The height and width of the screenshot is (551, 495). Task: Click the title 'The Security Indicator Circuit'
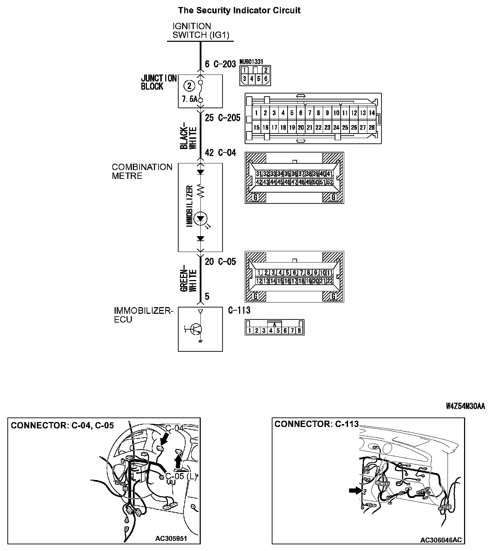click(239, 10)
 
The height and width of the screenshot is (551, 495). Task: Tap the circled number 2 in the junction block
click(189, 86)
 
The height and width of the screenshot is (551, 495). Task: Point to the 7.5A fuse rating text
click(189, 99)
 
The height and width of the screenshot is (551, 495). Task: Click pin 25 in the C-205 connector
click(345, 128)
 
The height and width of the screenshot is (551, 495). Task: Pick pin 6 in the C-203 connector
click(266, 79)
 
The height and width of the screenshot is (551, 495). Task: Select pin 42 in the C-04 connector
click(258, 182)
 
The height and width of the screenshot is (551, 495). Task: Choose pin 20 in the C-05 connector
click(315, 281)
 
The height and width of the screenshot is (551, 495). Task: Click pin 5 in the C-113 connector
click(278, 330)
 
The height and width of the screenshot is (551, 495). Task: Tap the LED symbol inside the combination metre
click(200, 218)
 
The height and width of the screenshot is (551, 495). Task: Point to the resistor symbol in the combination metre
click(200, 191)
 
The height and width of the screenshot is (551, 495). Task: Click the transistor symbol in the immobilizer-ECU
click(195, 329)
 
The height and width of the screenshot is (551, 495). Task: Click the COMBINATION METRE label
click(142, 171)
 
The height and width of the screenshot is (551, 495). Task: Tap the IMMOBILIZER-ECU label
click(143, 315)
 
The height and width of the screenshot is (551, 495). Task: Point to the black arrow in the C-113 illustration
click(355, 491)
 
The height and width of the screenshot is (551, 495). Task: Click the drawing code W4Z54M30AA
click(465, 406)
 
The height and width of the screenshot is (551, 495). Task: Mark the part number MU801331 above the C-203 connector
click(251, 61)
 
